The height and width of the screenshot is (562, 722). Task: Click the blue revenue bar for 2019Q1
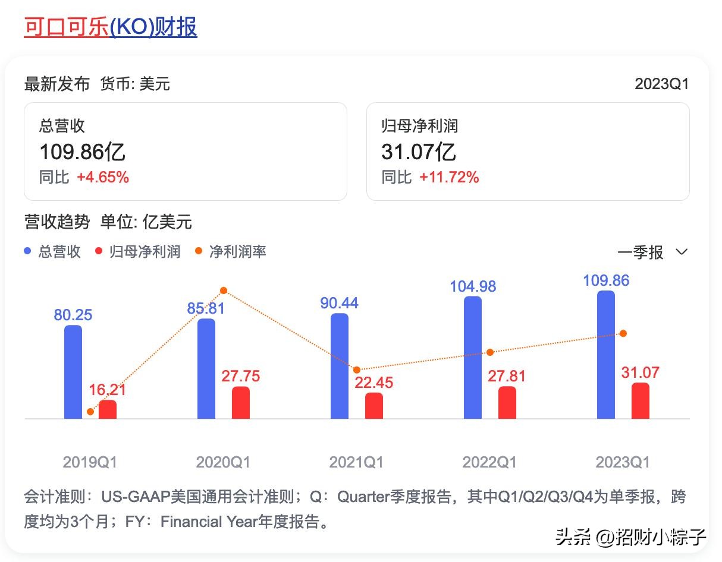point(73,372)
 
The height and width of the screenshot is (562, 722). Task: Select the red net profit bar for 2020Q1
point(241,403)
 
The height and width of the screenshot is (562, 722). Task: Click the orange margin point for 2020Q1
point(224,291)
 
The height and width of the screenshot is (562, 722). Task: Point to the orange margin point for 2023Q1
point(623,333)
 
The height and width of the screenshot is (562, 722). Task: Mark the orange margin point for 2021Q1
point(357,370)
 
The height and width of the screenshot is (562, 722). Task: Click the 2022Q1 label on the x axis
point(489,462)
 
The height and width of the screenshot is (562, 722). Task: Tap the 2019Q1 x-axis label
point(90,462)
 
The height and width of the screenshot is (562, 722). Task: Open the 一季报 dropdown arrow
point(682,252)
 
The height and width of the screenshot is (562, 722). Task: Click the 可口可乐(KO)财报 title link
point(111,27)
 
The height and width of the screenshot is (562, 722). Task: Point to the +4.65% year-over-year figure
point(103,177)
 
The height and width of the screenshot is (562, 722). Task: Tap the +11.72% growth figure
point(449,177)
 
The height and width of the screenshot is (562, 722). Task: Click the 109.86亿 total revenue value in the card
point(83,152)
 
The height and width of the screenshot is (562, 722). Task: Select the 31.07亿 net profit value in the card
point(419,152)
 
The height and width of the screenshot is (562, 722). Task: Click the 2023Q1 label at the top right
point(661,84)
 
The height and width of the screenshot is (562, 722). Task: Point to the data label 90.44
point(339,303)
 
